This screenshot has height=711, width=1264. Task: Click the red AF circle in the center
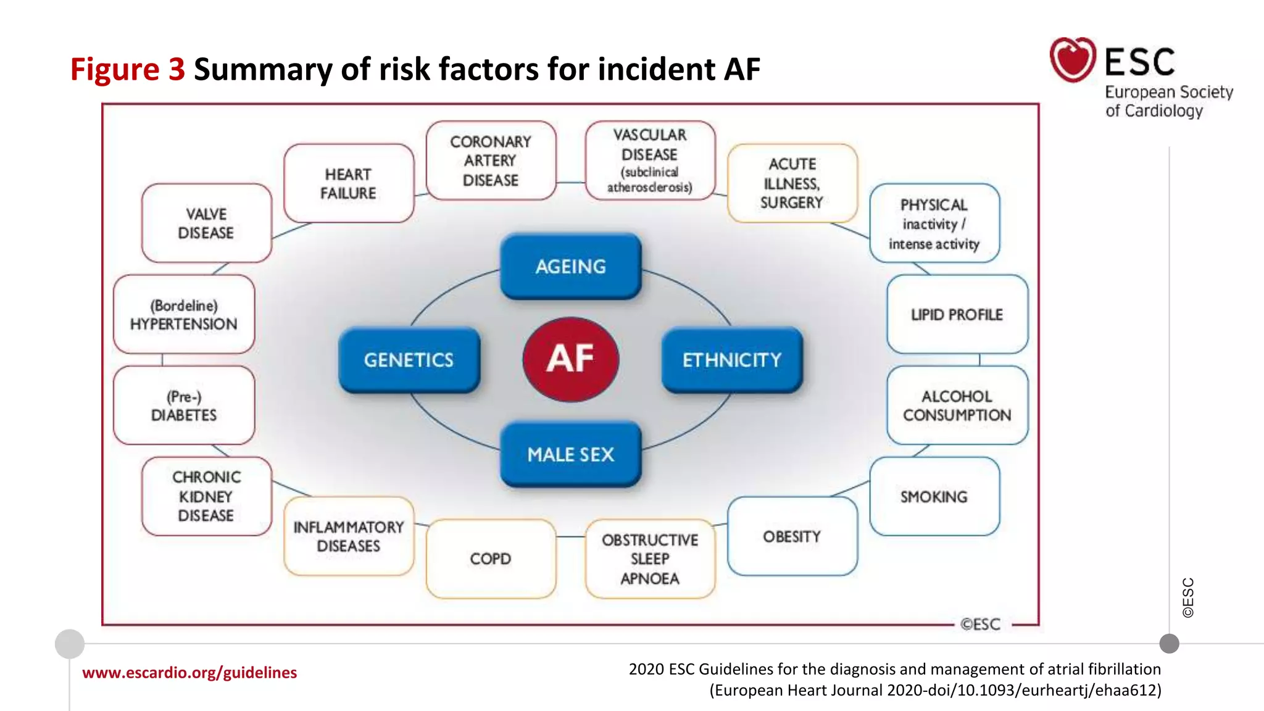pos(570,359)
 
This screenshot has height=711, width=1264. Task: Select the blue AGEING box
pos(570,267)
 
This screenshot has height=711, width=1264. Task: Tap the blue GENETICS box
pos(409,360)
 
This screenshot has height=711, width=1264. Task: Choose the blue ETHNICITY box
pos(732,360)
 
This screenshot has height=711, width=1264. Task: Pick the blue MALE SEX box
pos(570,454)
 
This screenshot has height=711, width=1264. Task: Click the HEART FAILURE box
pos(348,183)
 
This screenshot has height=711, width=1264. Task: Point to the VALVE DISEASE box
pos(206,223)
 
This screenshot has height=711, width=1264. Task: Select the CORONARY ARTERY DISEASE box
pos(491,160)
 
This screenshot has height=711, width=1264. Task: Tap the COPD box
pos(491,559)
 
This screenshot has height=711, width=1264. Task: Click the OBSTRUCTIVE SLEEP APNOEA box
pos(650,559)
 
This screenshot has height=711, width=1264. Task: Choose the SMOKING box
pos(934,496)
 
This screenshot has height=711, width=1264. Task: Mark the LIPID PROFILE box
pos(957,314)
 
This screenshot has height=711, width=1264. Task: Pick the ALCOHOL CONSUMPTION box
pos(957,405)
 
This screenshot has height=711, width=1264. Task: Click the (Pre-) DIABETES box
pos(184,405)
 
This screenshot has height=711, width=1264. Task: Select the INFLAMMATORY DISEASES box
pos(348,536)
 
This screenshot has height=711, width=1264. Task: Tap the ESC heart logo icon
pos(1073,59)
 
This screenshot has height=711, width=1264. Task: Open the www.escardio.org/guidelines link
pos(189,672)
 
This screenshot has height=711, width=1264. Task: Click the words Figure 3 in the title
pos(127,69)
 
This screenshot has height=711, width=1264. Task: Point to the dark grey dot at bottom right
pos(1169,644)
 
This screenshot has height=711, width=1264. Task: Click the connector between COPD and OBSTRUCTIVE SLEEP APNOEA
pos(570,536)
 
